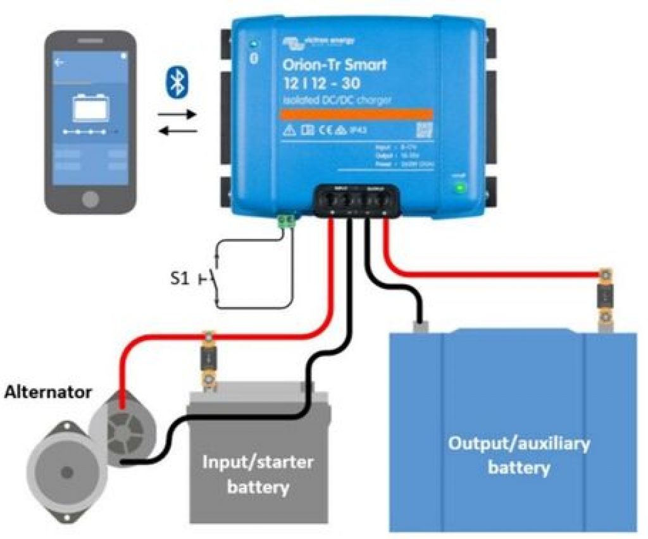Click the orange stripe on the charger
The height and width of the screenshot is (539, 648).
(357, 114)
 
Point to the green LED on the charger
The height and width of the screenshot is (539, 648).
(460, 187)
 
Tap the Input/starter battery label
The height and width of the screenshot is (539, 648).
(258, 474)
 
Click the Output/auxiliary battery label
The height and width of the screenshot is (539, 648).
(518, 455)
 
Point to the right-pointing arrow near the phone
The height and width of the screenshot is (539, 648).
(178, 116)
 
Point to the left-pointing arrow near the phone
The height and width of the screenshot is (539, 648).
(178, 131)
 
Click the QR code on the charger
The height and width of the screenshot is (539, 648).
(423, 130)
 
